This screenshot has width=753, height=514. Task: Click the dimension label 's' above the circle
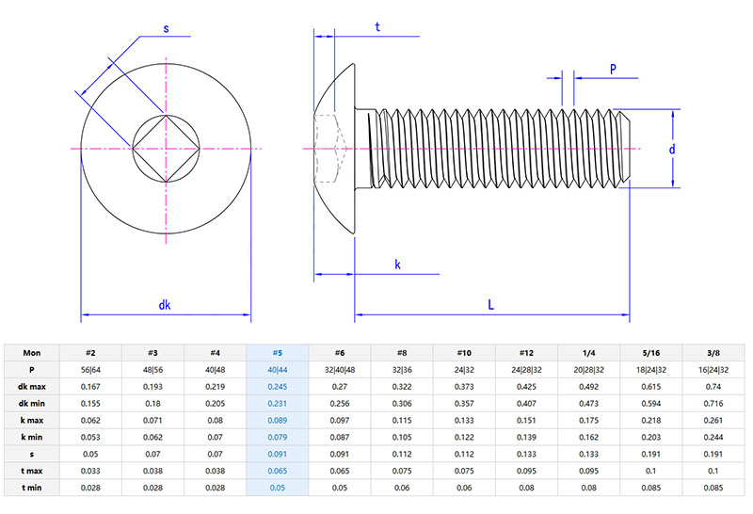tap(167, 29)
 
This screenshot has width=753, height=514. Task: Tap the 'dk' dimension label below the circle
tap(165, 304)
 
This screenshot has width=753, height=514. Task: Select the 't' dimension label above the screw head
tap(377, 27)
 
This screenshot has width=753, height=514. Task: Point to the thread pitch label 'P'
tap(613, 69)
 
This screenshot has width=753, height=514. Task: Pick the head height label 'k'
tap(397, 265)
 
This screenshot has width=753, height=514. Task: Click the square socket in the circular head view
tap(167, 149)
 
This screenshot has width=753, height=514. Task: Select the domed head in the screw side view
tap(336, 149)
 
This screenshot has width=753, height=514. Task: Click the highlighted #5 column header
tap(277, 353)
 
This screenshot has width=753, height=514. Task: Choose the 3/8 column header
tap(713, 353)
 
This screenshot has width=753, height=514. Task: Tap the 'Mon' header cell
tap(32, 353)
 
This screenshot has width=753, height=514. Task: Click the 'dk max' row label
tap(32, 387)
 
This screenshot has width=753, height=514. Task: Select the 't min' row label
tap(32, 489)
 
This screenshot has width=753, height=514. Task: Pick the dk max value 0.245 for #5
tap(277, 387)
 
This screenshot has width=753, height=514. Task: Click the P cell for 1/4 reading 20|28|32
tap(588, 370)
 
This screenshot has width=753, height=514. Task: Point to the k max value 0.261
tap(713, 421)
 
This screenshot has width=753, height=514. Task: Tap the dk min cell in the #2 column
tap(90, 404)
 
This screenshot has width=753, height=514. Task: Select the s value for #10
tap(464, 455)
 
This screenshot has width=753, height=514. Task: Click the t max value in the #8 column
tap(402, 472)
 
